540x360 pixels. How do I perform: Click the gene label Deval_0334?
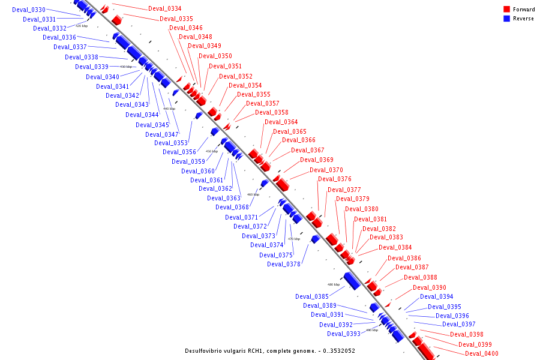pyautogui.click(x=164, y=8)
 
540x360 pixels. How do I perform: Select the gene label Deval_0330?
pyautogui.click(x=29, y=10)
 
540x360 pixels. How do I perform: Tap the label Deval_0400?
pyautogui.click(x=482, y=354)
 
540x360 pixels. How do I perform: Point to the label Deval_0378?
pyautogui.click(x=284, y=264)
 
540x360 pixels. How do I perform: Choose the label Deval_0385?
pyautogui.click(x=312, y=296)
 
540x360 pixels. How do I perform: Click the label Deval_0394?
pyautogui.click(x=436, y=296)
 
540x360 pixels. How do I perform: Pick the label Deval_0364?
pyautogui.click(x=281, y=122)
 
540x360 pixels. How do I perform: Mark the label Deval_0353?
pyautogui.click(x=171, y=143)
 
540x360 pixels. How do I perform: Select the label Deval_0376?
pyautogui.click(x=335, y=179)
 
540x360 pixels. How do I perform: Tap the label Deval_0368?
pyautogui.click(x=232, y=207)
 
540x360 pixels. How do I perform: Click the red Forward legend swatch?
pyautogui.click(x=507, y=10)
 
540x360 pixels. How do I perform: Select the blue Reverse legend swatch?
pyautogui.click(x=507, y=19)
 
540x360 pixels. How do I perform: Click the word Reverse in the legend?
pyautogui.click(x=523, y=19)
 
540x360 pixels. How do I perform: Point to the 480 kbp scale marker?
pyautogui.click(x=334, y=284)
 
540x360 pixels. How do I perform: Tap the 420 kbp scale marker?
pyautogui.click(x=82, y=26)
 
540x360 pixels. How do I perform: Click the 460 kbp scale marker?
pyautogui.click(x=253, y=194)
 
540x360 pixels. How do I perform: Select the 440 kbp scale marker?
pyautogui.click(x=169, y=109)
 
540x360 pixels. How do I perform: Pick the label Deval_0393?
pyautogui.click(x=344, y=334)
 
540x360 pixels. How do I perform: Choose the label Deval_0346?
pyautogui.click(x=186, y=28)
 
